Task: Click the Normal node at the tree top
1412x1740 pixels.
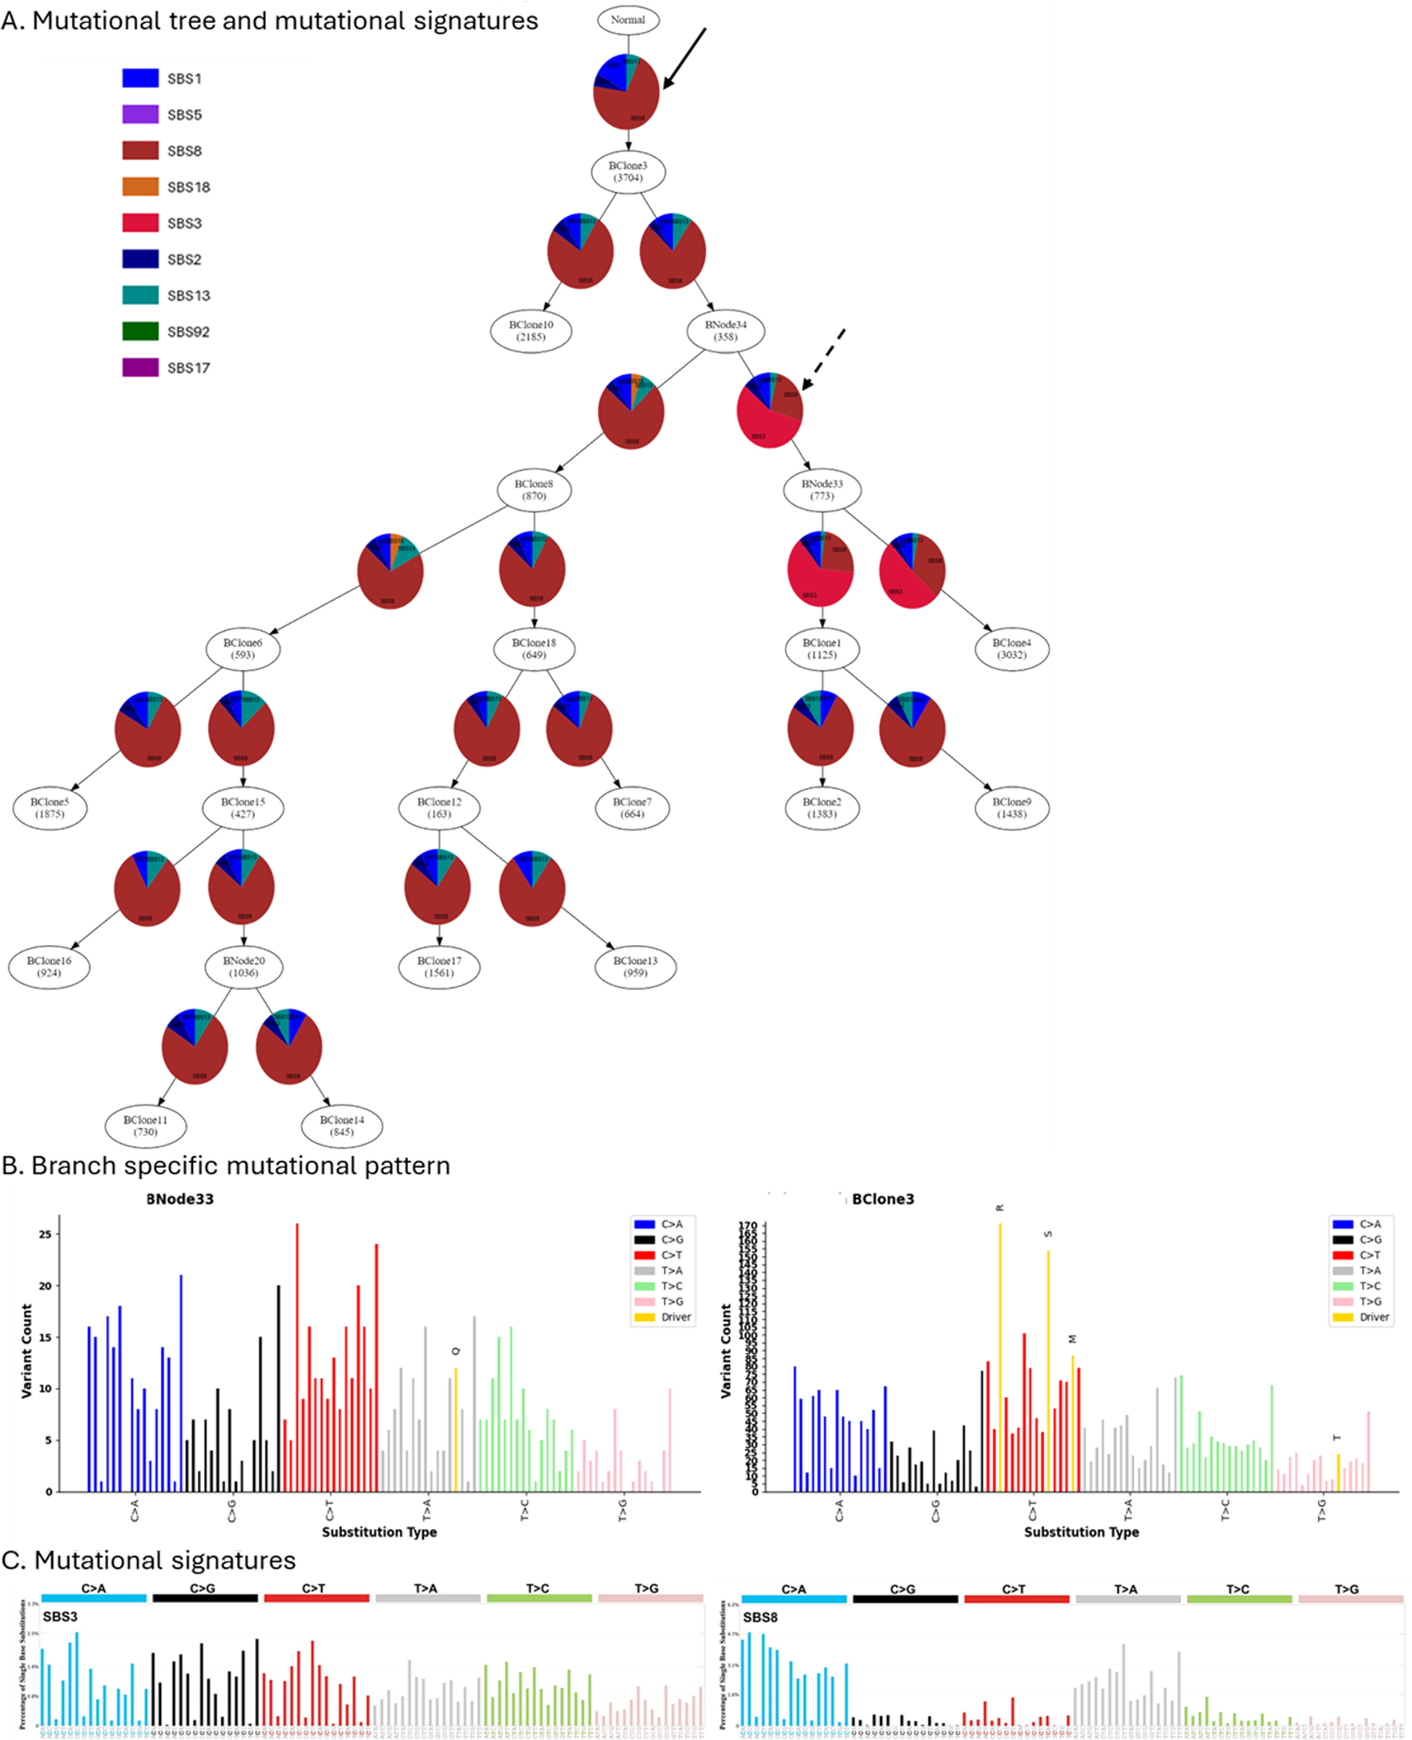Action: (627, 19)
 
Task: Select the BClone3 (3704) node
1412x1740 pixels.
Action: (628, 171)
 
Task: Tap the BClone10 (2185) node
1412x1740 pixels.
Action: (531, 331)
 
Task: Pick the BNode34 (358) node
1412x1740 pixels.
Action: (724, 331)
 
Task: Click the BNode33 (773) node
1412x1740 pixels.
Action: (822, 489)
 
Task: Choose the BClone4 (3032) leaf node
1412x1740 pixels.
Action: (1011, 649)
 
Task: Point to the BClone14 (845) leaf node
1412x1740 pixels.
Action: (342, 1126)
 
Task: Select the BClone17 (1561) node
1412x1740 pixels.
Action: (439, 966)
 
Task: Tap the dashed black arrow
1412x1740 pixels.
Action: (823, 360)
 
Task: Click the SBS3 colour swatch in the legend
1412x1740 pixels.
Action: (140, 223)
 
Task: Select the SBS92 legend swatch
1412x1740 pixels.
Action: (140, 331)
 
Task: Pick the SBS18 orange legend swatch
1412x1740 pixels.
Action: (140, 186)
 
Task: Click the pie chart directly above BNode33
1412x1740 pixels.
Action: (770, 410)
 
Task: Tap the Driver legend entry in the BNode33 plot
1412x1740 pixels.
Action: (662, 1317)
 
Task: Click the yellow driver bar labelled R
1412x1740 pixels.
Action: (999, 1358)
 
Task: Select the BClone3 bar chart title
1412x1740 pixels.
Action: (883, 1199)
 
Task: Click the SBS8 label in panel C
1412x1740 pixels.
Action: (759, 1617)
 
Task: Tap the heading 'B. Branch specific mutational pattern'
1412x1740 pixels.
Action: (226, 1166)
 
